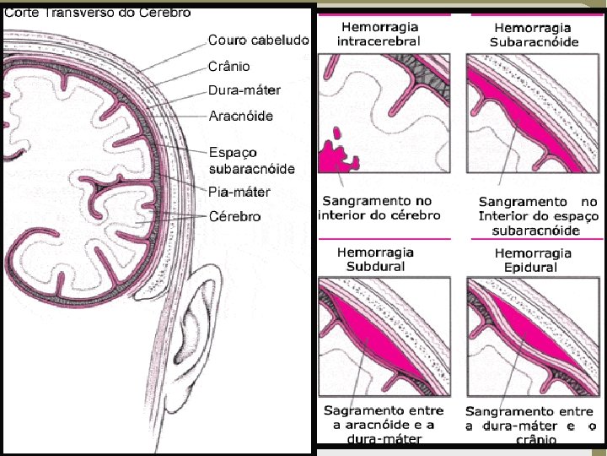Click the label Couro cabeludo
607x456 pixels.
(259, 40)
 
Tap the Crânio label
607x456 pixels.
(229, 66)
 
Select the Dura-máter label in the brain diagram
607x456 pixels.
(244, 90)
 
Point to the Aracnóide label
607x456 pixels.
(240, 116)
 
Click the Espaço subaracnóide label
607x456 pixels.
(251, 160)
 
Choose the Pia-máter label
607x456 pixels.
(239, 192)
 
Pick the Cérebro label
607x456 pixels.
(235, 216)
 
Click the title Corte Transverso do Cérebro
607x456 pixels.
(98, 13)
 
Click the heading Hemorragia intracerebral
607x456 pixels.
(379, 34)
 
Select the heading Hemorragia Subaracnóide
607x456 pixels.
(536, 35)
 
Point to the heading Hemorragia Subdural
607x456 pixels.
(376, 259)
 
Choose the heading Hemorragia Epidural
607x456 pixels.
(532, 260)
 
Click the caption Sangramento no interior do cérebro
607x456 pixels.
(379, 208)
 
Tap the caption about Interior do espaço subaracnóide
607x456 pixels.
(538, 215)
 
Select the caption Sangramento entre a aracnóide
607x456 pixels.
(384, 424)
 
